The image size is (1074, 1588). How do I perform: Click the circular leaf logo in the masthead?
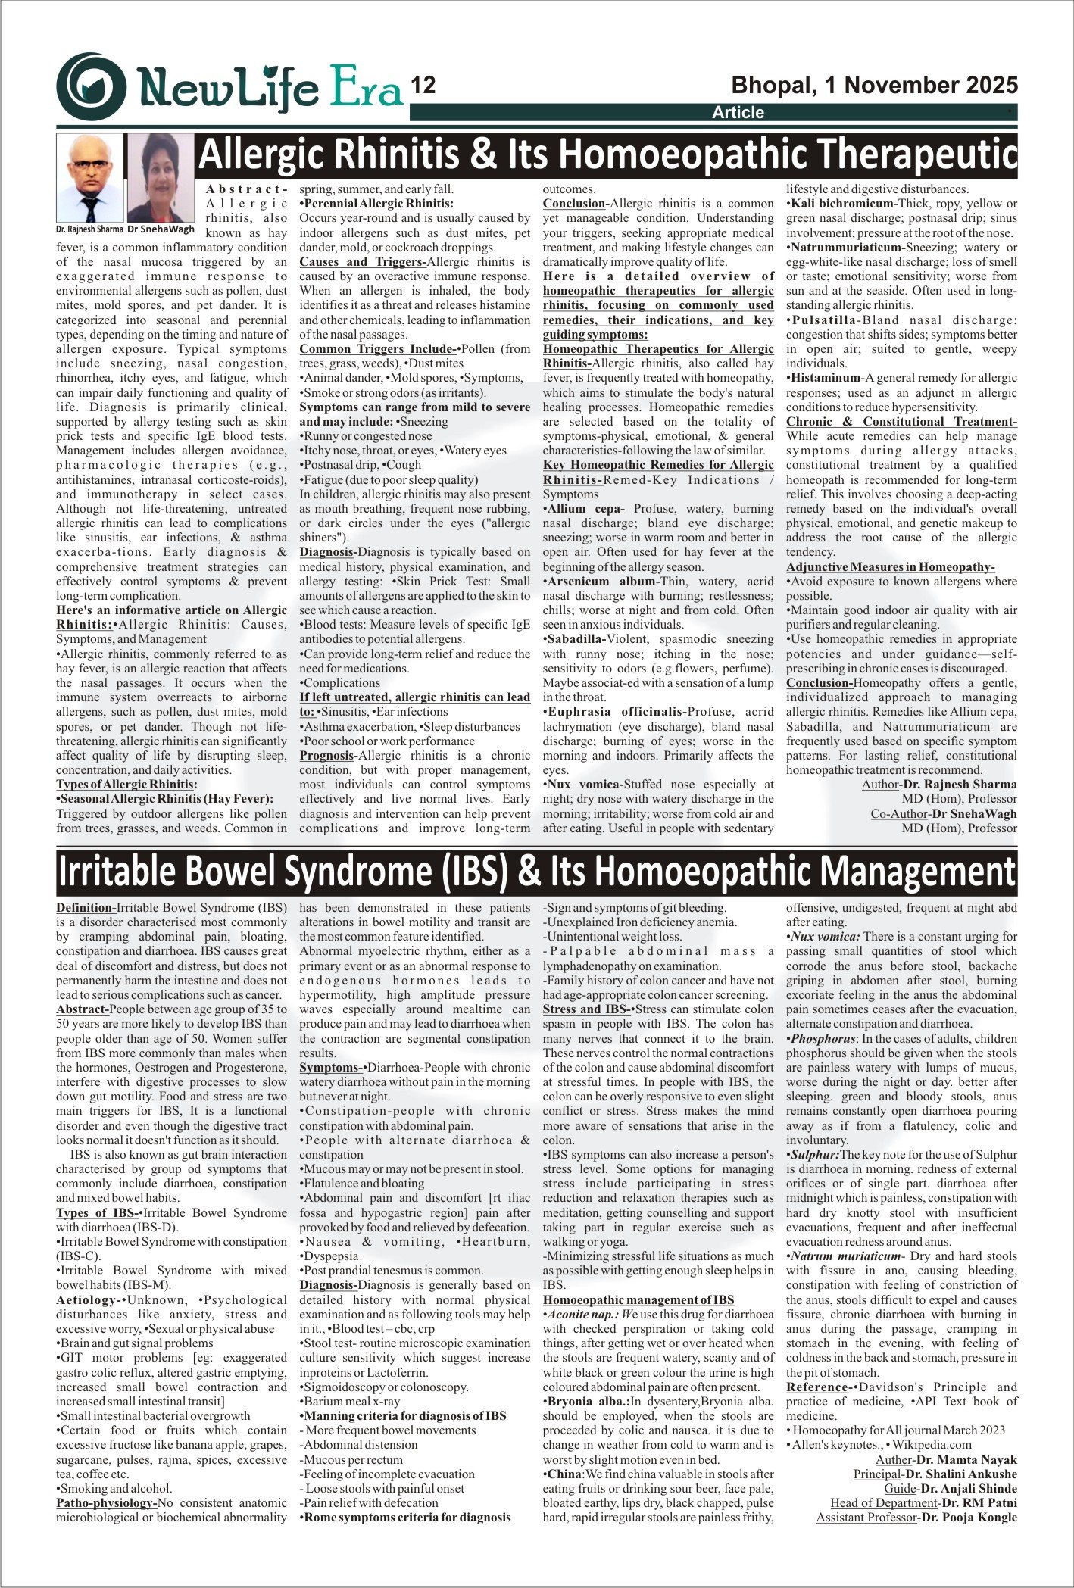[x=91, y=87]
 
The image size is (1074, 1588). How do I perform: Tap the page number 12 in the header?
[x=423, y=86]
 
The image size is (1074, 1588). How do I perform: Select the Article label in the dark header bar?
[x=738, y=113]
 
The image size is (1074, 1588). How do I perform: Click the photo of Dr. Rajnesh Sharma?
[x=89, y=178]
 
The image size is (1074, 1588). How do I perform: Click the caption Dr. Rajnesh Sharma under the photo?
[x=89, y=229]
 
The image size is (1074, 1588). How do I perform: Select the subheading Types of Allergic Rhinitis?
[x=126, y=785]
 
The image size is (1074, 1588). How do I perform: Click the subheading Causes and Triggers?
[x=361, y=262]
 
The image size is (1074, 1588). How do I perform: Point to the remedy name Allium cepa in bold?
[x=585, y=509]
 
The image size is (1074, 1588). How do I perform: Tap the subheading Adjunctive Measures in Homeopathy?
[x=890, y=567]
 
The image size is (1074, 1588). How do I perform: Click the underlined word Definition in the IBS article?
[x=86, y=908]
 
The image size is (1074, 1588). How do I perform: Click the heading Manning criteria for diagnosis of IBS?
[x=404, y=1416]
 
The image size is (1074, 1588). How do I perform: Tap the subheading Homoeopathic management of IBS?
[x=638, y=1300]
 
